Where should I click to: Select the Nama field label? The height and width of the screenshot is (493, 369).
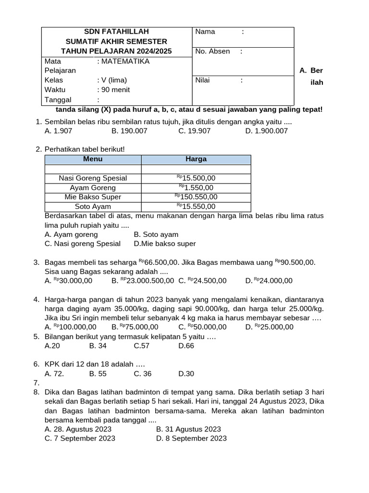click(205, 32)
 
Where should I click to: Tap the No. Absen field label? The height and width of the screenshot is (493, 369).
click(212, 52)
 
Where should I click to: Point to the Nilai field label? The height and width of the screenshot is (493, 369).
click(203, 80)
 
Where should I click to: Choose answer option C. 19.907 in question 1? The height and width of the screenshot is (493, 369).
click(194, 130)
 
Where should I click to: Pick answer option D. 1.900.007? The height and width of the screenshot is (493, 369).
click(266, 130)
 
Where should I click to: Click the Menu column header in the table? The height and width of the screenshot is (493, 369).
click(93, 159)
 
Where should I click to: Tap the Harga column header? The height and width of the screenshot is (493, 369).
click(196, 159)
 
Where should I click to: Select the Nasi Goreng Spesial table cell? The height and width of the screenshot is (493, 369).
click(93, 178)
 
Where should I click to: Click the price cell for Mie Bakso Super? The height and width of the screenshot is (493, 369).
click(196, 197)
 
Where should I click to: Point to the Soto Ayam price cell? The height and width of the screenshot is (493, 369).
click(196, 207)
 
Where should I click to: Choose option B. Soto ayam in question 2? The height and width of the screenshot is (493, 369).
click(156, 234)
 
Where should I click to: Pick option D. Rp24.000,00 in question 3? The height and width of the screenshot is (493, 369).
click(269, 281)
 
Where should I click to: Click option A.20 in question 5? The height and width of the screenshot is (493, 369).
click(52, 345)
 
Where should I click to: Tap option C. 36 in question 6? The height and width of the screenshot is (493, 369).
click(143, 374)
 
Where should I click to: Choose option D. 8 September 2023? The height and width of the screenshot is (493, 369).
click(191, 438)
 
